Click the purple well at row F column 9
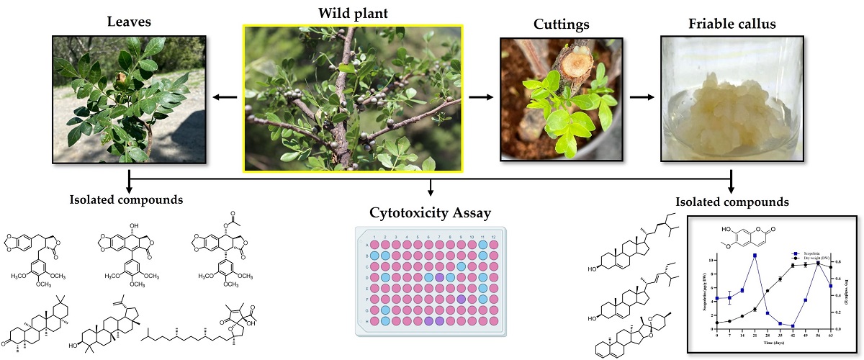click(461, 298)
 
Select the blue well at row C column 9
click(461, 266)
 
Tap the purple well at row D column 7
click(439, 276)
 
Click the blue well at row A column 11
click(482, 245)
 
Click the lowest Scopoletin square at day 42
click(793, 326)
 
